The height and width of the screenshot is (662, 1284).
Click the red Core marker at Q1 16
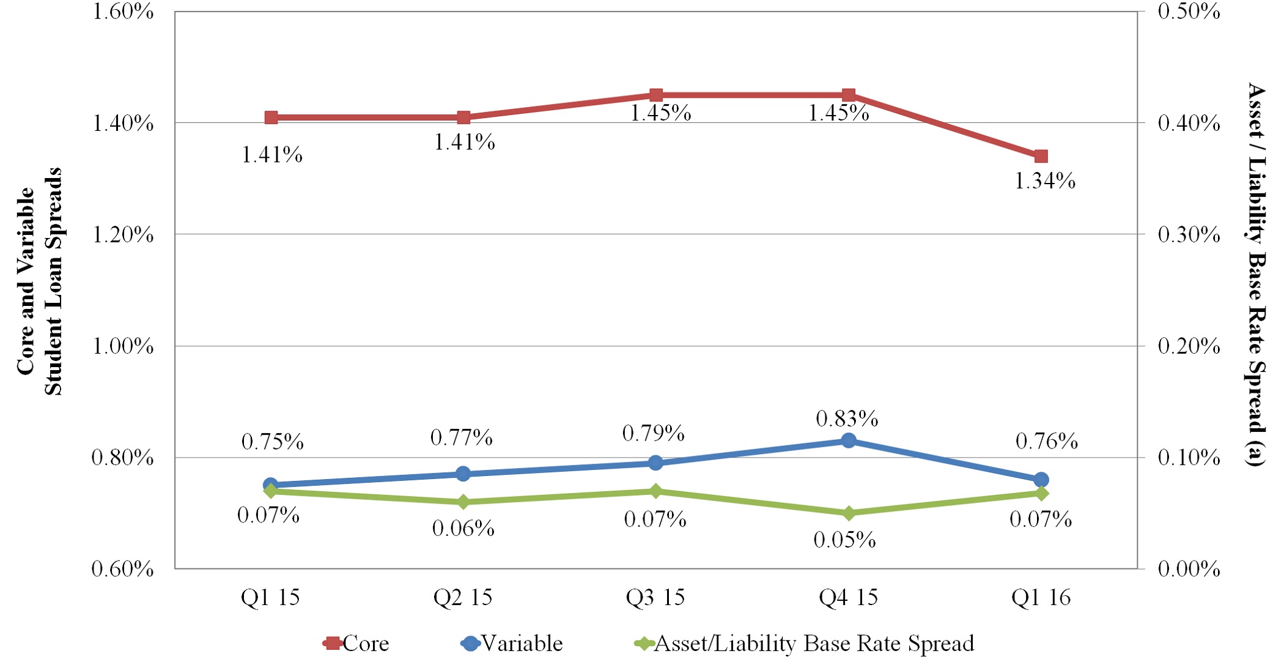point(1041,157)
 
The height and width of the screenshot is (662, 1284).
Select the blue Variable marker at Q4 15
point(848,441)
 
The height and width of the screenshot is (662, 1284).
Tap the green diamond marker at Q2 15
point(463,502)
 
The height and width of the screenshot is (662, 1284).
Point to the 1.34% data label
point(1045,181)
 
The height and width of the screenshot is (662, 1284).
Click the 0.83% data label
point(847,419)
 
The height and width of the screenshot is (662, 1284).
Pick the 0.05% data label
point(844,540)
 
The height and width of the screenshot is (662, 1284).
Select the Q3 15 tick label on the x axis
point(655,597)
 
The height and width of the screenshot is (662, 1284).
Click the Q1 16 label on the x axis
point(1041,597)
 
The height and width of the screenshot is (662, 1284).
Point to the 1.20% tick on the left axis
point(122,234)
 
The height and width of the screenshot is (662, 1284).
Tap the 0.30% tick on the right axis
point(1189,234)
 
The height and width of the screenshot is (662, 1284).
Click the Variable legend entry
point(512,644)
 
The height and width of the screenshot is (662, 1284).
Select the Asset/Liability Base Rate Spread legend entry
point(805,644)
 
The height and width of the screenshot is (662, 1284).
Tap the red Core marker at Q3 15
point(656,95)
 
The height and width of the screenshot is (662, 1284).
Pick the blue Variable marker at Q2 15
point(463,474)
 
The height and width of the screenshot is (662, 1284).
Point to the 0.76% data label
point(1046,441)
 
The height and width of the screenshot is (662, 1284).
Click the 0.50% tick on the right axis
point(1189,12)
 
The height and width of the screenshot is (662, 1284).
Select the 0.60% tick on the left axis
point(122,569)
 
